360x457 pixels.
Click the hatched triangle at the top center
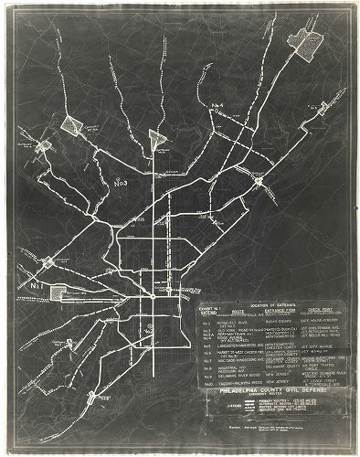[158, 138]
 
